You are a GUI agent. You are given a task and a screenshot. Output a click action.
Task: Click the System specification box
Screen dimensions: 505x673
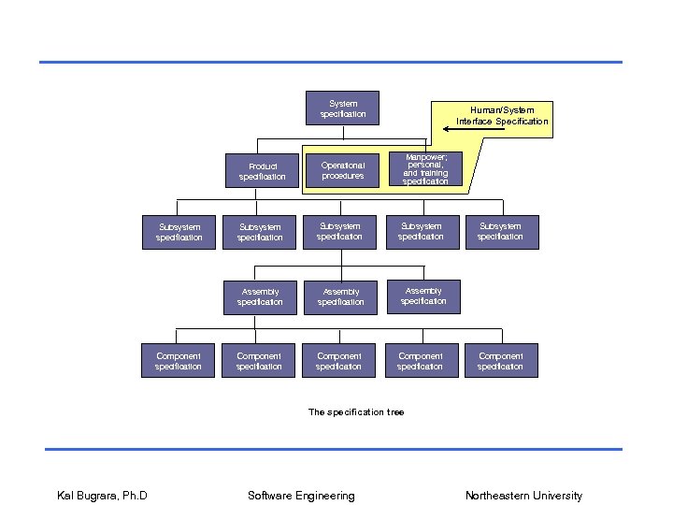point(343,108)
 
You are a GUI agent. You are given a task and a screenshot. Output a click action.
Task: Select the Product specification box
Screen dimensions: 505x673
point(262,171)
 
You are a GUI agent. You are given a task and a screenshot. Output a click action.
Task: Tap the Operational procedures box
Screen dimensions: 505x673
point(343,170)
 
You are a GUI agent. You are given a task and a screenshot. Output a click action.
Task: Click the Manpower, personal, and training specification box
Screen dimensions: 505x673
point(425,169)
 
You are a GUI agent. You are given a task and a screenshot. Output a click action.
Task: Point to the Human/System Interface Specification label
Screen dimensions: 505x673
point(503,116)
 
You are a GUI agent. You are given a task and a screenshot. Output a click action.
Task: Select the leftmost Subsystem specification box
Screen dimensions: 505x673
point(179,232)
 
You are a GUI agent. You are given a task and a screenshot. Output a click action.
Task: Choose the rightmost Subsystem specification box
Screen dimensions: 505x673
point(501,231)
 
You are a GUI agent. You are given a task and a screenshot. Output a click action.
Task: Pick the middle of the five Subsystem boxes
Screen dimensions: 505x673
point(339,231)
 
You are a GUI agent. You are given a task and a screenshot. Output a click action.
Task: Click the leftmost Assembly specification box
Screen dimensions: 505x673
point(260,296)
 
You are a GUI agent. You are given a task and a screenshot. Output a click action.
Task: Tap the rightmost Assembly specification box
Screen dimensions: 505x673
point(423,296)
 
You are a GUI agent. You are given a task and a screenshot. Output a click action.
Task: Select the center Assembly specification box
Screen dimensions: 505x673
point(341,296)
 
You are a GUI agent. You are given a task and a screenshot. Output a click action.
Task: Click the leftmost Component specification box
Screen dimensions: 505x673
point(179,361)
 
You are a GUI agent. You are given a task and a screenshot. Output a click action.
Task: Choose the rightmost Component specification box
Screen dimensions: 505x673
point(501,361)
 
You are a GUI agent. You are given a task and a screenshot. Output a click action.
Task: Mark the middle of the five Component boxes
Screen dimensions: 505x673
point(339,361)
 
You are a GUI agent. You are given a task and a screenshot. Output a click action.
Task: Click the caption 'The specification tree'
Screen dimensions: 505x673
point(356,412)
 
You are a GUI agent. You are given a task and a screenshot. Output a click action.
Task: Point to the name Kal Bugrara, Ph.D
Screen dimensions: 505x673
point(103,496)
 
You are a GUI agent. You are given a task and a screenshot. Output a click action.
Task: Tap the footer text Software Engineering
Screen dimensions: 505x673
point(301,496)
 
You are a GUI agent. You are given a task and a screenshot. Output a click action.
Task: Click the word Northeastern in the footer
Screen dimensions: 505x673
point(497,496)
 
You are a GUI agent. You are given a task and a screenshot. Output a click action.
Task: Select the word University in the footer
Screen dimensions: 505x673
point(557,496)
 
